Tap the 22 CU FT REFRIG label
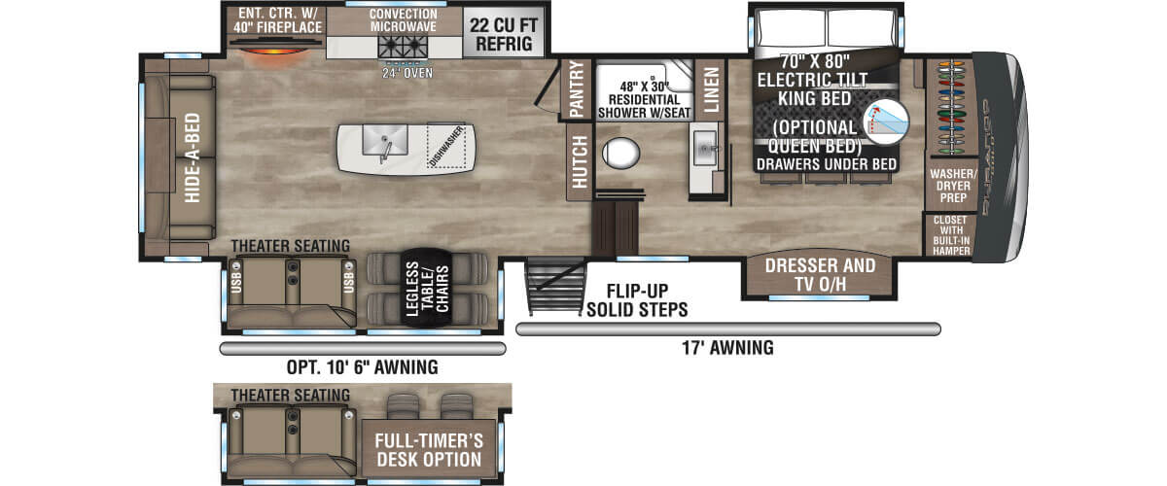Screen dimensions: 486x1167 pyautogui.click(x=502, y=35)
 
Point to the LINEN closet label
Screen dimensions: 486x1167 pyautogui.click(x=711, y=90)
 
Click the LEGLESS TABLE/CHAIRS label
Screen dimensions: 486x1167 pyautogui.click(x=425, y=288)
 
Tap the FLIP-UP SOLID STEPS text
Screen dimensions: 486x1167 pyautogui.click(x=637, y=300)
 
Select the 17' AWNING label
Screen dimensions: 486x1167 pyautogui.click(x=727, y=347)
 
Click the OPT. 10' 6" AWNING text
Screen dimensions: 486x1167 pyautogui.click(x=362, y=367)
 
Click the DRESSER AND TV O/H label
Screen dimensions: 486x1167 pyautogui.click(x=819, y=274)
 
